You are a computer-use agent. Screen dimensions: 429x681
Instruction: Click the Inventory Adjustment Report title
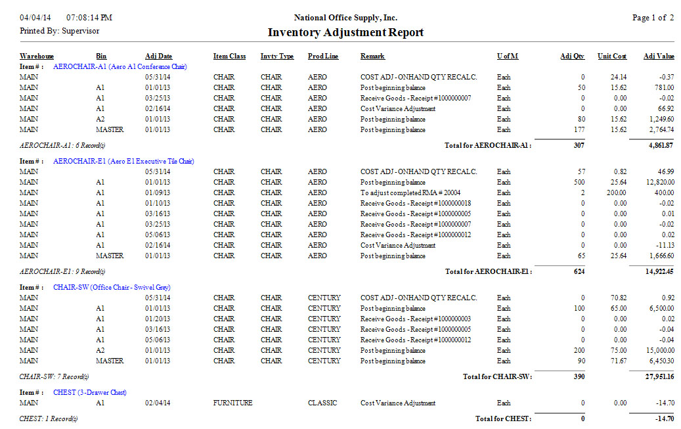[345, 33]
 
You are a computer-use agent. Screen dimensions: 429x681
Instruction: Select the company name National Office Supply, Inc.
[345, 18]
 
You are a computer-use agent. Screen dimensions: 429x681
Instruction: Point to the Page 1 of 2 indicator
[653, 18]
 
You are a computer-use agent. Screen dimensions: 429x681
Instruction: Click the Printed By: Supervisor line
[60, 31]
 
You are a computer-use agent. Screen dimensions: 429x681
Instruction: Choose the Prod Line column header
[323, 56]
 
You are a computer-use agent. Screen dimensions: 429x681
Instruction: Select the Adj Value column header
[659, 56]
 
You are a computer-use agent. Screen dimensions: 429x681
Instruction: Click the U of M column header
[507, 56]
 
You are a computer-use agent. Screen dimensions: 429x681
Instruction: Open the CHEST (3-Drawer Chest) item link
[90, 392]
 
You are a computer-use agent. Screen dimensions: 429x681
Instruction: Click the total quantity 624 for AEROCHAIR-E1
[578, 271]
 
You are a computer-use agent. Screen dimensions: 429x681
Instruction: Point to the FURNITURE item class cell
[232, 403]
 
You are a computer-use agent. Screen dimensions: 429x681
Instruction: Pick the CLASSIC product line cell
[322, 403]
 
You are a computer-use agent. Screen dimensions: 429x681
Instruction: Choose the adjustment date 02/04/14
[158, 403]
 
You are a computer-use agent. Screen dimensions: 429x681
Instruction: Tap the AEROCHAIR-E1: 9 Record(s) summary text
[62, 271]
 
